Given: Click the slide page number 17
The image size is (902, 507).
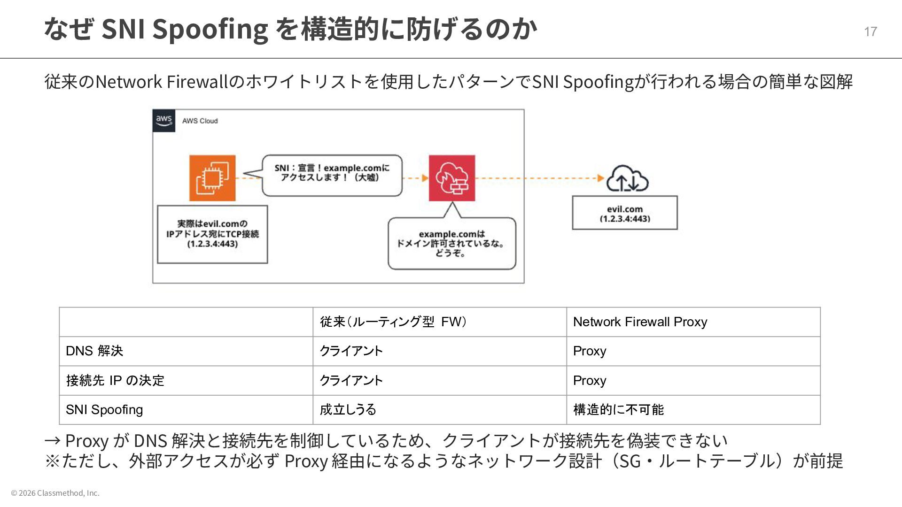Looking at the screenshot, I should pyautogui.click(x=870, y=31).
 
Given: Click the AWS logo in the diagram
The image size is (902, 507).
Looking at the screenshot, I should pyautogui.click(x=163, y=121).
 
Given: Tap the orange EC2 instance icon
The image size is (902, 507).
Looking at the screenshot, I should pyautogui.click(x=212, y=178).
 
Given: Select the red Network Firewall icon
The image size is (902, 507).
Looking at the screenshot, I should pyautogui.click(x=451, y=178).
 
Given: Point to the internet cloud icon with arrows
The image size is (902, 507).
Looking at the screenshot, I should pyautogui.click(x=627, y=179).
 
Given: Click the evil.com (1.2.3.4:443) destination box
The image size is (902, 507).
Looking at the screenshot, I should pyautogui.click(x=624, y=213).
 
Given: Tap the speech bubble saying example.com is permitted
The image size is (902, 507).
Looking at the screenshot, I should pyautogui.click(x=451, y=243).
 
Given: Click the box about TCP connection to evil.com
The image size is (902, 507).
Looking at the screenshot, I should pyautogui.click(x=212, y=234).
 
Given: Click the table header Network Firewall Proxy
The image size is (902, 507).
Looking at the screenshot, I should pyautogui.click(x=640, y=322).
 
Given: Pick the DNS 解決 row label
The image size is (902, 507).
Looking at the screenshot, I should pyautogui.click(x=94, y=351).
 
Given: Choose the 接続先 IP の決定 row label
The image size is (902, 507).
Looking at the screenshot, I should pyautogui.click(x=115, y=380).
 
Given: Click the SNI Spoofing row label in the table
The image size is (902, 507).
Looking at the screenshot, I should pyautogui.click(x=104, y=410).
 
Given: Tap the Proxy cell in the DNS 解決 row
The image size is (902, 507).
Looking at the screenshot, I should pyautogui.click(x=590, y=351).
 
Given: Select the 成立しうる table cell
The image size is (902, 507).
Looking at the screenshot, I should pyautogui.click(x=348, y=410).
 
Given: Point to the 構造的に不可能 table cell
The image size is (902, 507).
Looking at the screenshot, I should pyautogui.click(x=618, y=410).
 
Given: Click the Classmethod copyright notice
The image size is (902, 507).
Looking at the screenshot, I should pyautogui.click(x=55, y=493).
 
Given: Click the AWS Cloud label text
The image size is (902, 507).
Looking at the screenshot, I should pyautogui.click(x=200, y=121).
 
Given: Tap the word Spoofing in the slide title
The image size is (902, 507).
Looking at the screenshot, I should pyautogui.click(x=210, y=29).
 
